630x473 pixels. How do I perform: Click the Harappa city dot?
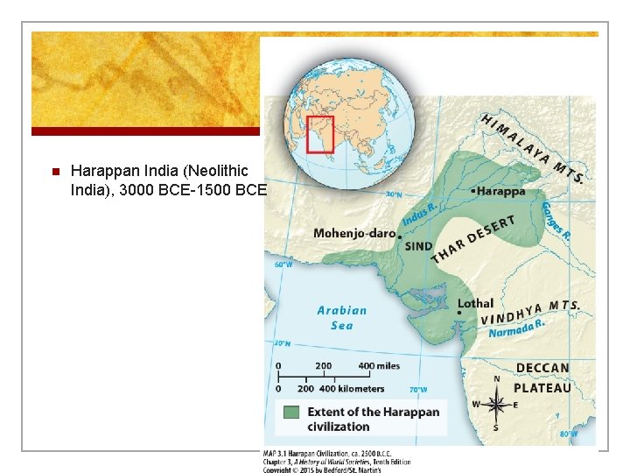pyautogui.click(x=473, y=189)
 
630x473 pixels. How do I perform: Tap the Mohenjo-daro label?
pyautogui.click(x=354, y=234)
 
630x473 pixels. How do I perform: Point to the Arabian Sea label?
pyautogui.click(x=341, y=317)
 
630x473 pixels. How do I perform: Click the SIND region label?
pyautogui.click(x=418, y=246)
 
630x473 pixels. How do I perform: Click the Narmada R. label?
pyautogui.click(x=516, y=328)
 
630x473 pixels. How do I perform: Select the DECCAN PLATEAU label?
pyautogui.click(x=542, y=378)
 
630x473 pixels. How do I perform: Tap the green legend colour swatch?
pyautogui.click(x=291, y=412)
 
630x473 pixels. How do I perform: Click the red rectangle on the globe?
pyautogui.click(x=320, y=134)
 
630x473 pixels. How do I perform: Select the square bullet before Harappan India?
pyautogui.click(x=54, y=171)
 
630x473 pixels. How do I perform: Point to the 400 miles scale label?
pyautogui.click(x=378, y=365)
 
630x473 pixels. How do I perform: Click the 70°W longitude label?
pyautogui.click(x=418, y=389)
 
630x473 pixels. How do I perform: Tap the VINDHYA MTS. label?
pyautogui.click(x=529, y=311)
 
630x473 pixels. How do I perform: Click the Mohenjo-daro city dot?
pyautogui.click(x=400, y=236)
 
